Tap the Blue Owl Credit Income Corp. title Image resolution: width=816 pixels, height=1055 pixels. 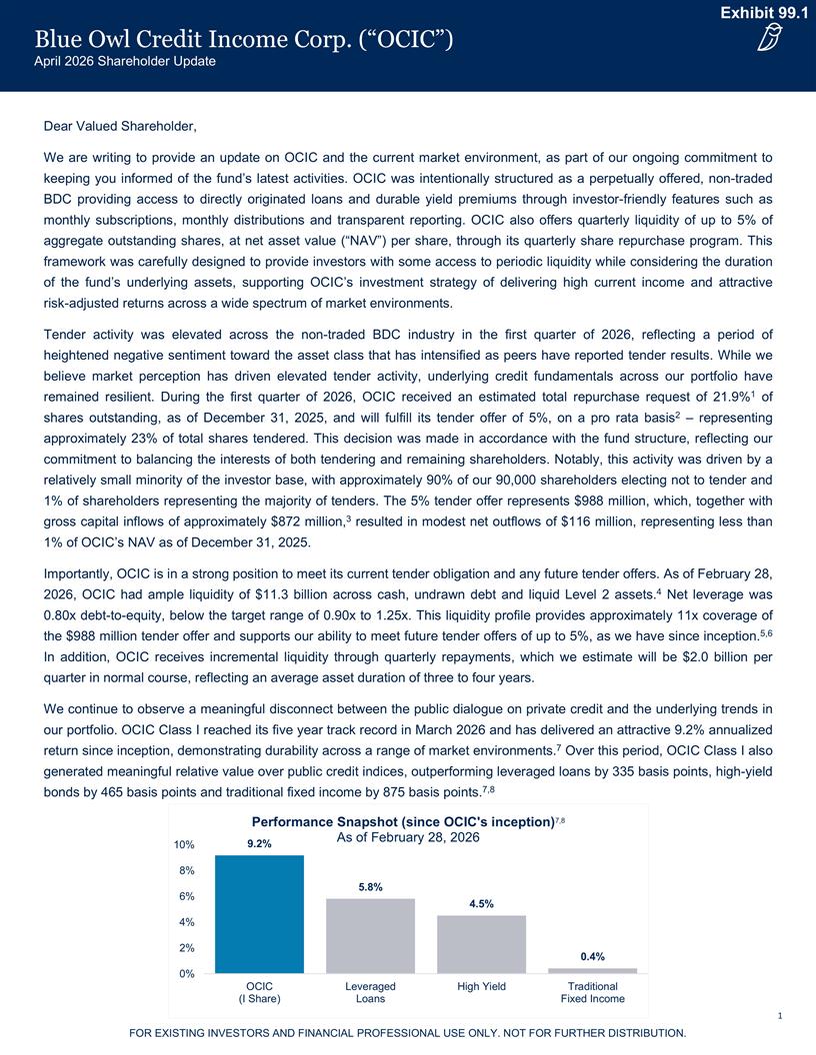[245, 40]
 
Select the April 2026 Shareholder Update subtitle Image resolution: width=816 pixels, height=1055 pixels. [125, 62]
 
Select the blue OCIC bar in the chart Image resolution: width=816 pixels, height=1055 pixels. [259, 913]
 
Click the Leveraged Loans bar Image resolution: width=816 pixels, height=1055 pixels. [370, 935]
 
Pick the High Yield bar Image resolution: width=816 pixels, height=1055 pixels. [481, 943]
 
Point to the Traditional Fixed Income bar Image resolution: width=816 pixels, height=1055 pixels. [592, 970]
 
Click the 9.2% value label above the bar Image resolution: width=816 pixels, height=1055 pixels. [259, 844]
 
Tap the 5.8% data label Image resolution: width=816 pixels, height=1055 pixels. [370, 887]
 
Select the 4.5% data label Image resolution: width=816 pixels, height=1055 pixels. [481, 904]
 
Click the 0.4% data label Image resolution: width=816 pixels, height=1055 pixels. [592, 957]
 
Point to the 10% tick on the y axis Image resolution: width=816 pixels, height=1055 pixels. [183, 845]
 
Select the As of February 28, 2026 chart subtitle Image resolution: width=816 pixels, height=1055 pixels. [406, 837]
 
